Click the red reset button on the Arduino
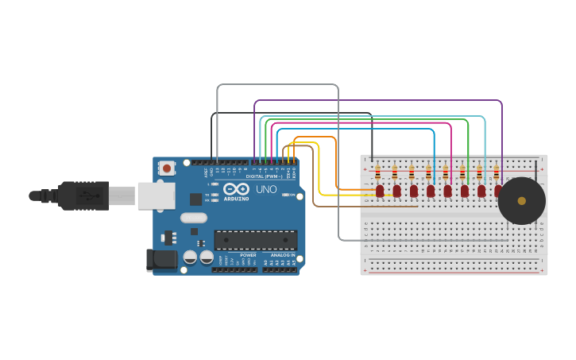tap(166, 168)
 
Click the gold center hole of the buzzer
tap(521, 201)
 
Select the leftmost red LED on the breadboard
tap(380, 191)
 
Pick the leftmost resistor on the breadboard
tap(377, 172)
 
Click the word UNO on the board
tap(265, 190)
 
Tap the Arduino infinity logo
tap(236, 189)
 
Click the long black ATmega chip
tap(256, 240)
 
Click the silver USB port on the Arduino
tap(156, 195)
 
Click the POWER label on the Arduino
tap(248, 255)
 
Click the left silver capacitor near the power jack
tap(191, 257)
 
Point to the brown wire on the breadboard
tap(365, 207)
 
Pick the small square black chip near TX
tap(195, 199)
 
